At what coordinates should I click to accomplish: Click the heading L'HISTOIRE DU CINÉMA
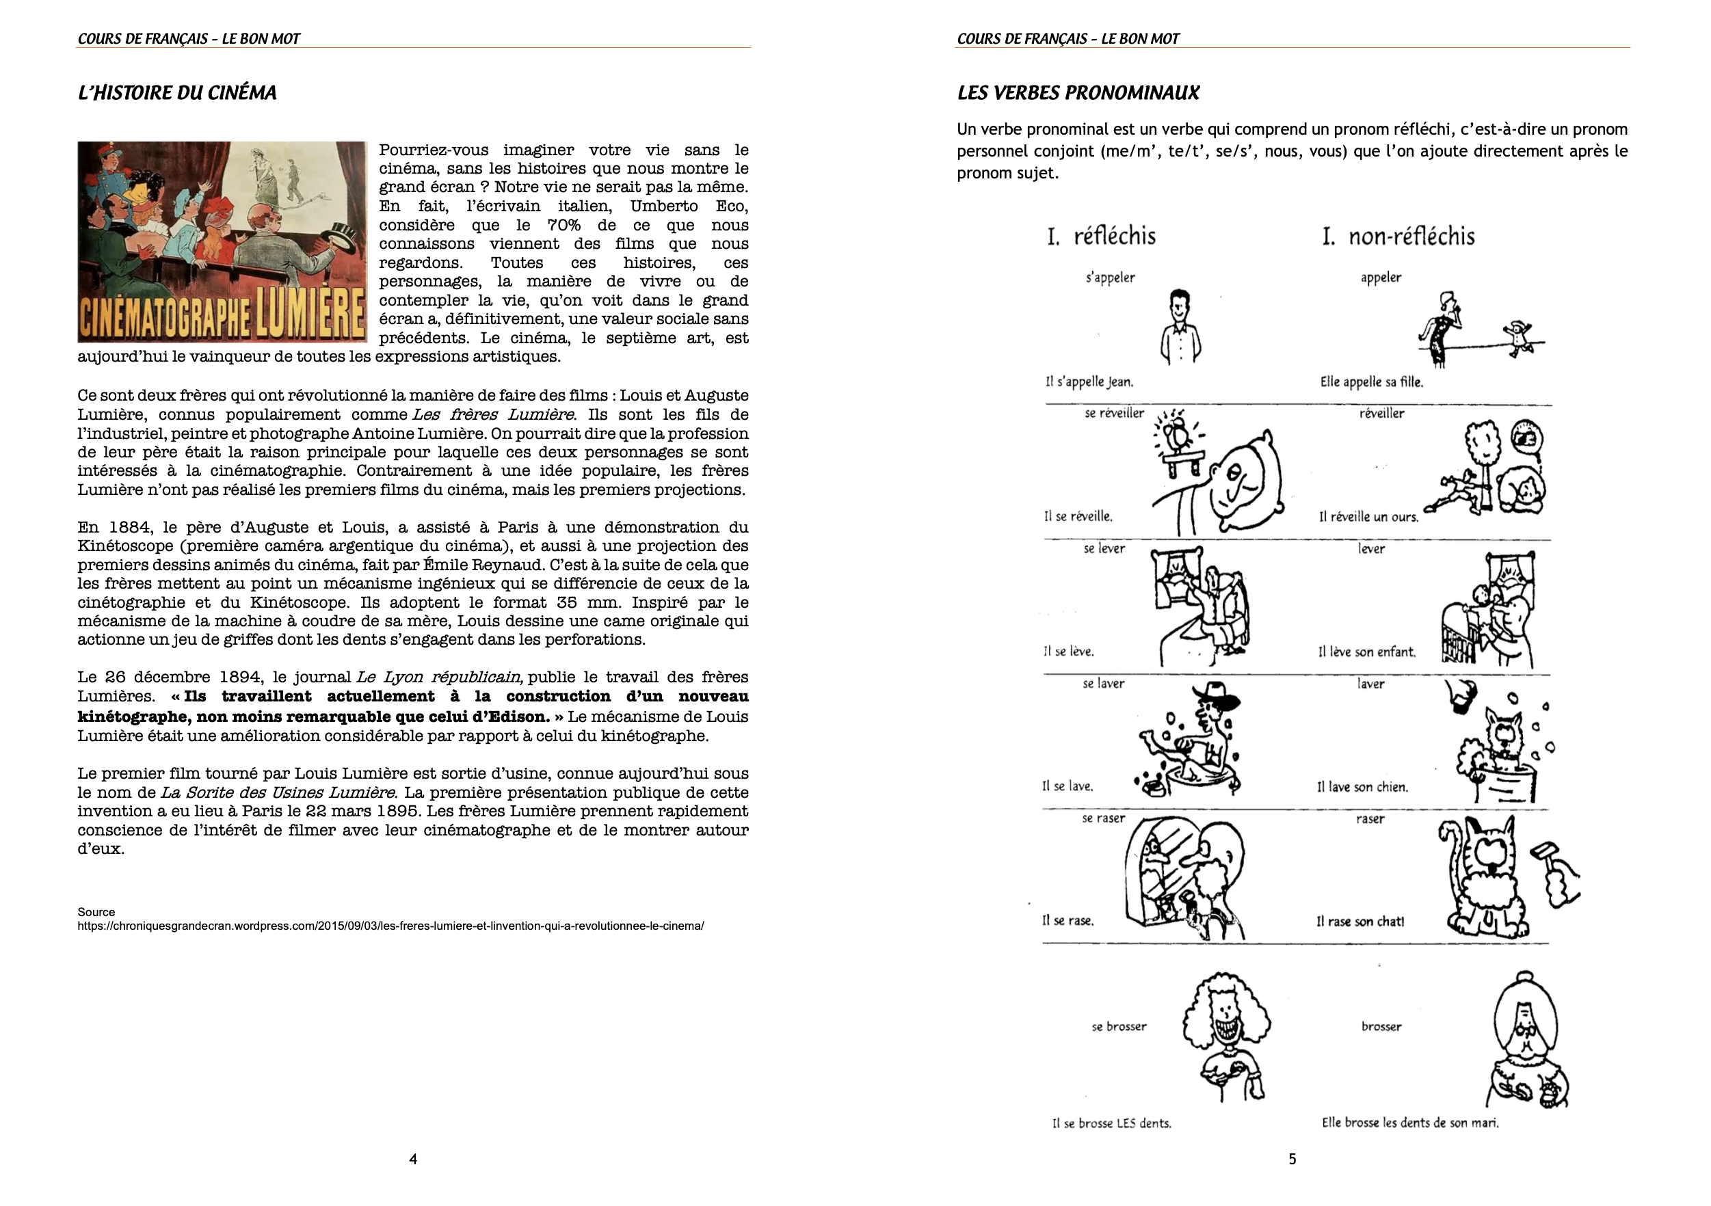[176, 93]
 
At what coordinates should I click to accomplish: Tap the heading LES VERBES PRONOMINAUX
[1078, 93]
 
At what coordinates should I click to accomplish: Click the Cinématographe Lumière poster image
[222, 242]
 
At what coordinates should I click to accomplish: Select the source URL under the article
[390, 926]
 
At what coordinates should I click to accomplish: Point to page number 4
[413, 1159]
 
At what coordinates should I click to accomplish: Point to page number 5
[1292, 1159]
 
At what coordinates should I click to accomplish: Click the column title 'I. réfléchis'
[1101, 237]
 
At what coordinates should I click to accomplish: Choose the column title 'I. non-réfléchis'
[1398, 237]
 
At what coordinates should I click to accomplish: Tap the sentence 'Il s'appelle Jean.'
[1089, 382]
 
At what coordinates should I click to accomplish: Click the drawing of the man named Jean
[1180, 326]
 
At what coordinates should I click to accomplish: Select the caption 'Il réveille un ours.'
[1368, 517]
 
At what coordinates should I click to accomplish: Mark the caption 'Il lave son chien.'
[1362, 787]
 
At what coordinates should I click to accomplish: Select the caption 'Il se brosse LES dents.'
[1111, 1123]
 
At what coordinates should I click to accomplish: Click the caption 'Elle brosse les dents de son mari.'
[1410, 1123]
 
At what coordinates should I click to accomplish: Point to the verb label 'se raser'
[1103, 818]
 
